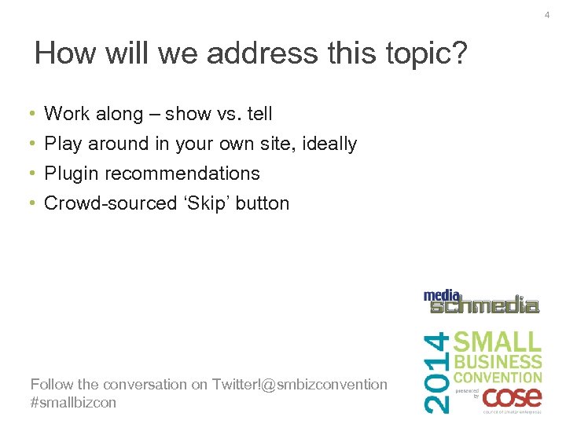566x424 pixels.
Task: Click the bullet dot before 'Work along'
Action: click(32, 115)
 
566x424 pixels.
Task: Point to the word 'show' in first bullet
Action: click(188, 114)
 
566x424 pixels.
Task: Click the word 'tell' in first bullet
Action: click(259, 114)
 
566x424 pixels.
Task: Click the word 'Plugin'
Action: click(72, 174)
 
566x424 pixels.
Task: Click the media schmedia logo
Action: click(481, 302)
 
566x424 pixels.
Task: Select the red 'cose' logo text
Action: click(512, 395)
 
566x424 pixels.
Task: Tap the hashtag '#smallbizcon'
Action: click(73, 402)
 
